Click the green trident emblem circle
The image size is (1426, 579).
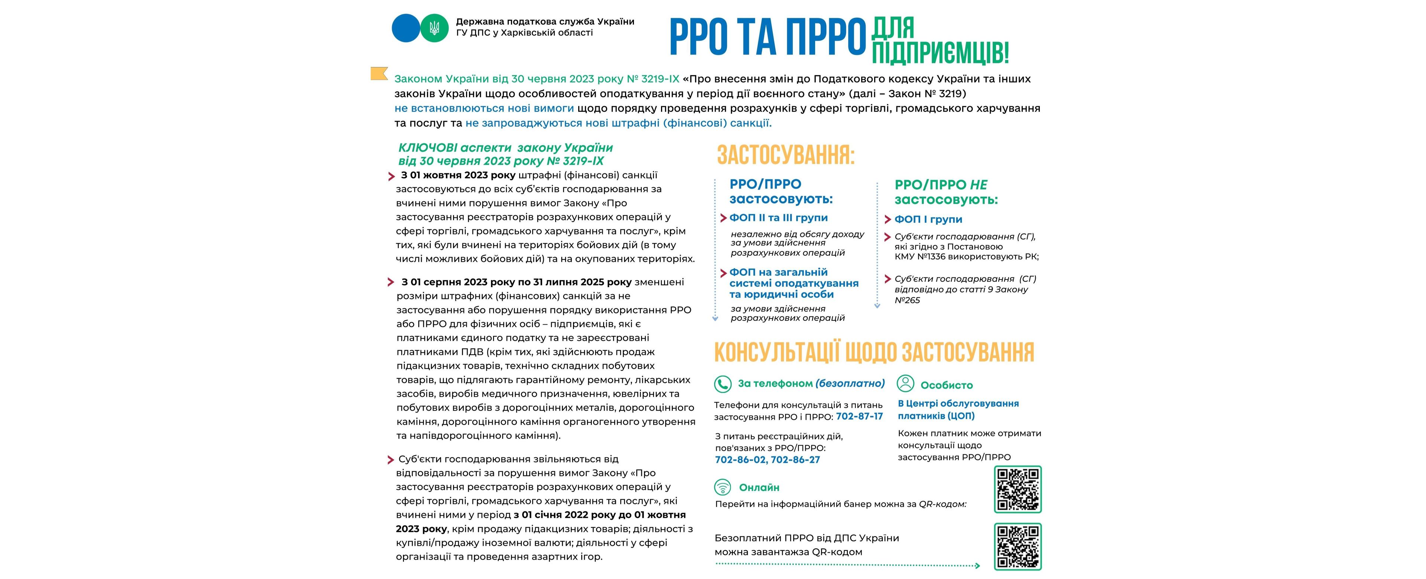[x=434, y=28]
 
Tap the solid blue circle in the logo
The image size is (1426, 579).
[x=406, y=28]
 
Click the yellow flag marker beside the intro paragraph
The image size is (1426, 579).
[x=379, y=73]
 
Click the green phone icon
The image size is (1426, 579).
[x=722, y=384]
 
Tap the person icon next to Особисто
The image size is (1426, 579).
[x=905, y=384]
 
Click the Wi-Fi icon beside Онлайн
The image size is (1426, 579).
[x=722, y=487]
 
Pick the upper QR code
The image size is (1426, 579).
[x=1018, y=489]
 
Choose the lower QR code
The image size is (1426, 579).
[x=1018, y=546]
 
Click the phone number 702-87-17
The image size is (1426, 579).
[x=859, y=416]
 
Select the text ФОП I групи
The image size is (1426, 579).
[x=928, y=219]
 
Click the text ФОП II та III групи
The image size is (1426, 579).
[x=778, y=217]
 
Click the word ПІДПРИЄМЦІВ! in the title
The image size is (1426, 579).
[x=940, y=54]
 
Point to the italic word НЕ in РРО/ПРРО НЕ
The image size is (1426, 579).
[x=978, y=185]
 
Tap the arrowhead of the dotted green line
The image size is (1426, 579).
[x=978, y=565]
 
